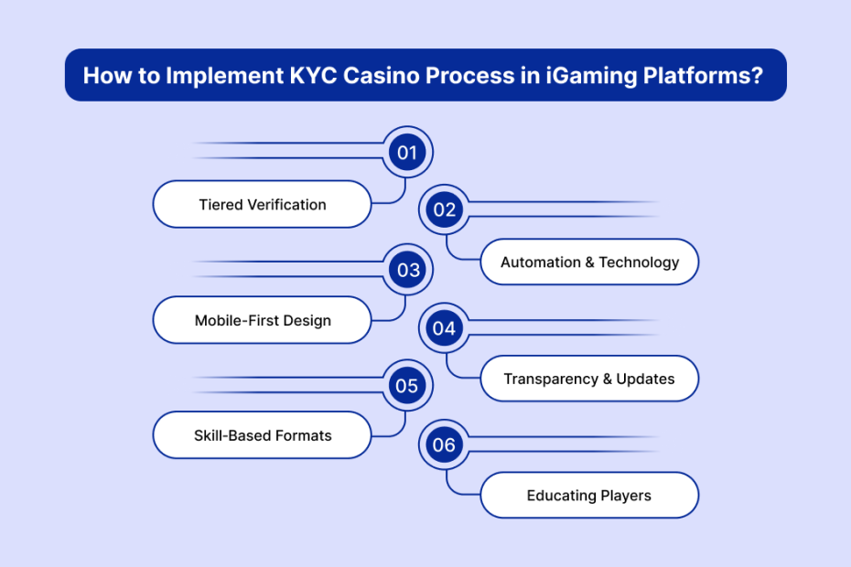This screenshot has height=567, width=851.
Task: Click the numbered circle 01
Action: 407,152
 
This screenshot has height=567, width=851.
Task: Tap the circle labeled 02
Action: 445,210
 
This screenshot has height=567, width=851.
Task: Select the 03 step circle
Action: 407,270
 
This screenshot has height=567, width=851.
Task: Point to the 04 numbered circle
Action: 445,327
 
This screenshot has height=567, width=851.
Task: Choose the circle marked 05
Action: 407,386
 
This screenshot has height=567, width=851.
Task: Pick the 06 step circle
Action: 445,445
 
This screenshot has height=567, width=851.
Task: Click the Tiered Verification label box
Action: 262,204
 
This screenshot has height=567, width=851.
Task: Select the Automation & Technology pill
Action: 589,262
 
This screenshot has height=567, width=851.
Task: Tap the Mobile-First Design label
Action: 262,320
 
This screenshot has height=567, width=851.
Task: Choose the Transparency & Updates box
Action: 589,379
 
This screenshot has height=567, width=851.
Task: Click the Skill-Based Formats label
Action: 262,436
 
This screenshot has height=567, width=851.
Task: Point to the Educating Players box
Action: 589,496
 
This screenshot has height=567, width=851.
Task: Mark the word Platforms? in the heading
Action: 695,76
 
